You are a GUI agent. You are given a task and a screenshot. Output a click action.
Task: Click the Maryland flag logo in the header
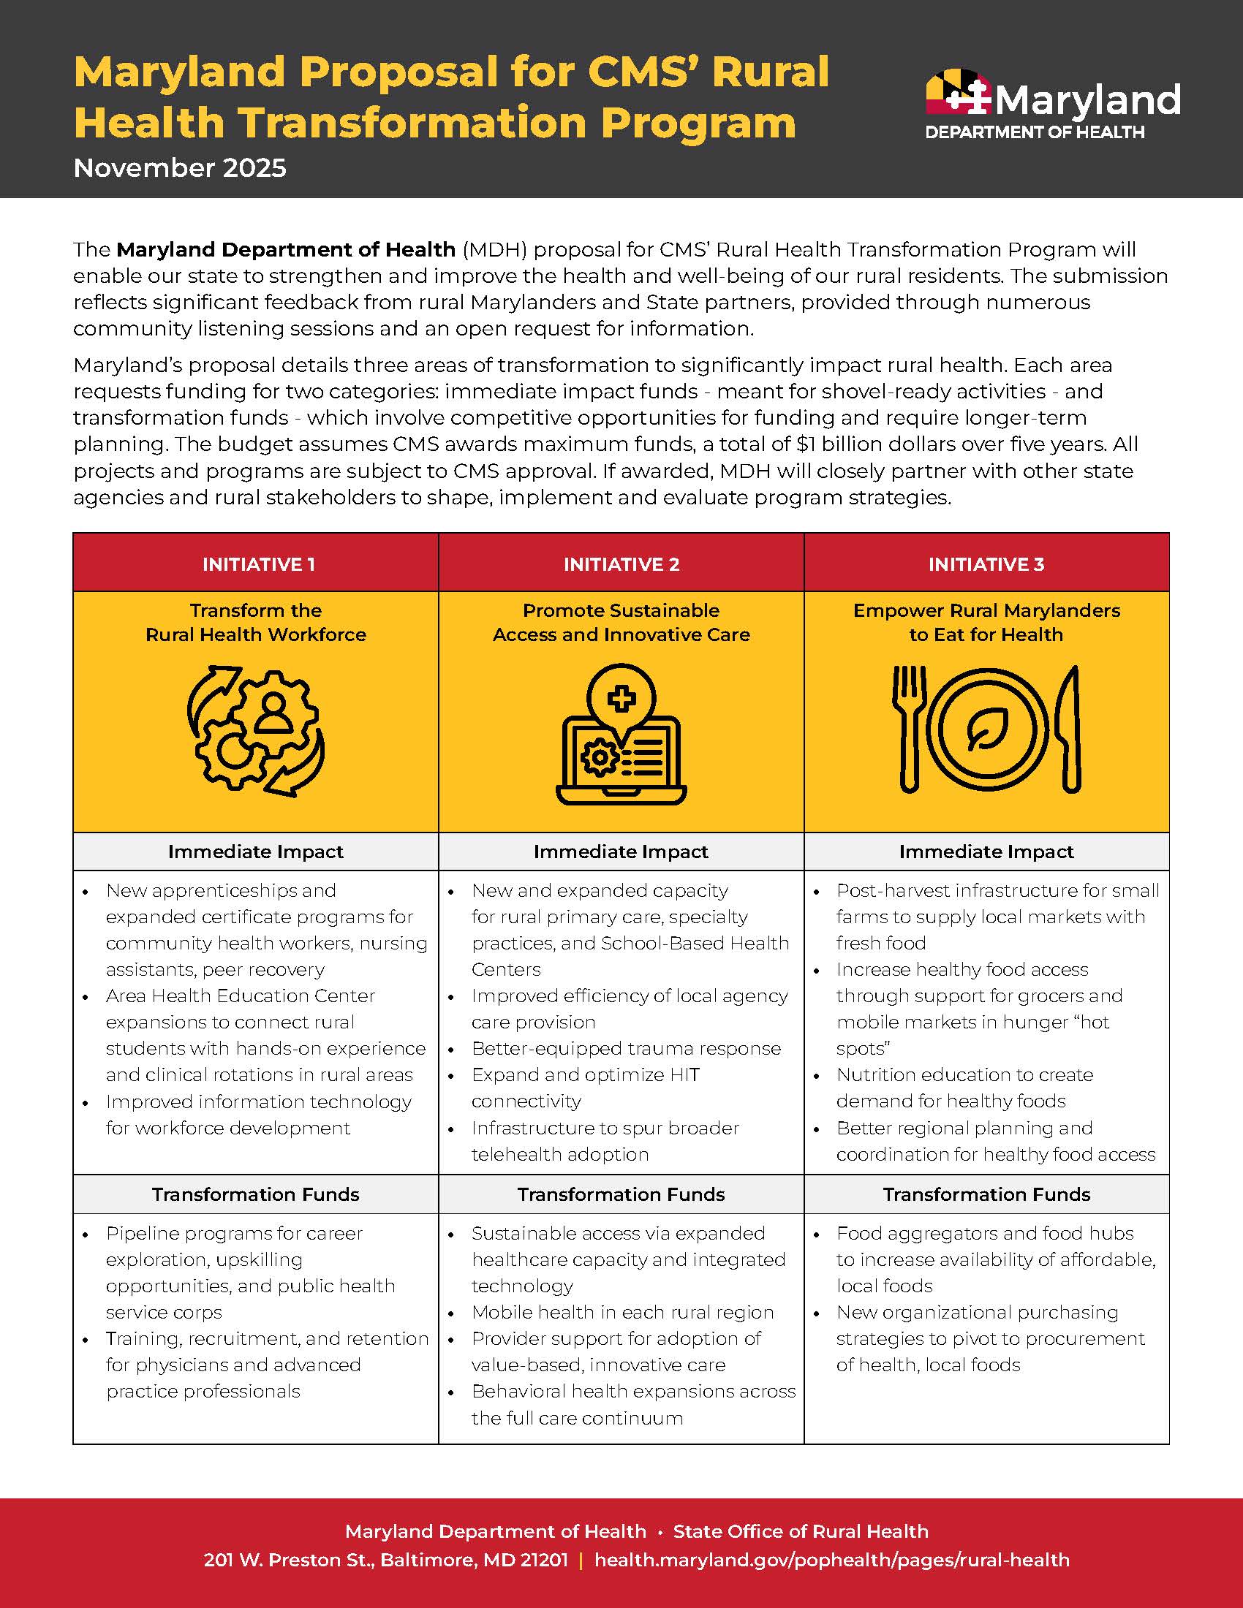pyautogui.click(x=957, y=93)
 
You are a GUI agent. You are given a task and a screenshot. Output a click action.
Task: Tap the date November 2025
pyautogui.click(x=180, y=169)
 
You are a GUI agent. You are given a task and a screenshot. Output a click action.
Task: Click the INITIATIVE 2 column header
pyautogui.click(x=621, y=564)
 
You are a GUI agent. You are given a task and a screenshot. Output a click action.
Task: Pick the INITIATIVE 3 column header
pyautogui.click(x=986, y=564)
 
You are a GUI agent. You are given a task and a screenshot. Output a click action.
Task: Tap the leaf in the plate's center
pyautogui.click(x=987, y=729)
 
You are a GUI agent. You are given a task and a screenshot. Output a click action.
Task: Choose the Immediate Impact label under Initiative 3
pyautogui.click(x=986, y=852)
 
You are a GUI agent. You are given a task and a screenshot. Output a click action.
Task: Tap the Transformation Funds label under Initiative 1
pyautogui.click(x=255, y=1194)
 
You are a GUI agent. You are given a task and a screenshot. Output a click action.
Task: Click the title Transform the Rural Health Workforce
pyautogui.click(x=255, y=622)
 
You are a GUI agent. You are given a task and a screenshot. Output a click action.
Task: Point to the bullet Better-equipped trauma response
pyautogui.click(x=626, y=1048)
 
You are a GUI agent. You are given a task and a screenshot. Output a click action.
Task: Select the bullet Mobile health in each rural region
pyautogui.click(x=622, y=1312)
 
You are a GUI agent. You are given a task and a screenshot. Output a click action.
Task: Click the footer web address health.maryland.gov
pyautogui.click(x=831, y=1560)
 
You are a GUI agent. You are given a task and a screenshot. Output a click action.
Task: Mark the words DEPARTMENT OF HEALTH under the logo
pyautogui.click(x=1035, y=132)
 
